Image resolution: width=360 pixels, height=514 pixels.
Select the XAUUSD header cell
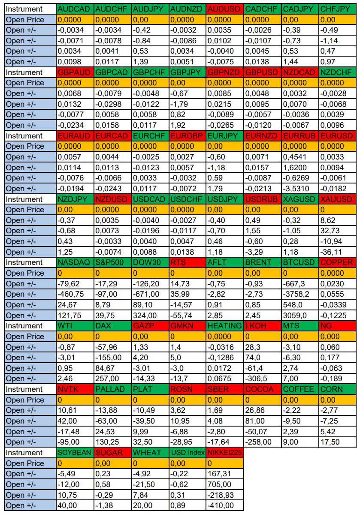pos(337,199)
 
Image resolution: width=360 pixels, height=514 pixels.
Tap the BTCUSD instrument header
pos(299,262)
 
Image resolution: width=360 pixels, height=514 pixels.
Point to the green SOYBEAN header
pos(75,453)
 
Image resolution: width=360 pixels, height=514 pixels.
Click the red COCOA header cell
pos(262,389)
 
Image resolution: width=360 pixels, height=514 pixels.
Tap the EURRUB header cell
pos(299,136)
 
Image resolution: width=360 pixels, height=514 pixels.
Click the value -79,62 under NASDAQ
pos(75,284)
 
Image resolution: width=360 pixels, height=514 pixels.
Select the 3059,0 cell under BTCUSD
pos(299,316)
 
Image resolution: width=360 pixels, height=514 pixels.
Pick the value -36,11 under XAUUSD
pos(337,252)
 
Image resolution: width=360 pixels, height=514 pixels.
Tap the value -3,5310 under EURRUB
pos(299,189)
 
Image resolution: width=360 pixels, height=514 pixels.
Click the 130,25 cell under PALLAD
pos(112,442)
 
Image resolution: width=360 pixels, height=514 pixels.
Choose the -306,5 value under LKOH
pos(262,379)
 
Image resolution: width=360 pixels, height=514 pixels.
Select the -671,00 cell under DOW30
pos(150,294)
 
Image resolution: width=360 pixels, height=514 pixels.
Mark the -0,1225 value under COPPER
pos(337,316)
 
